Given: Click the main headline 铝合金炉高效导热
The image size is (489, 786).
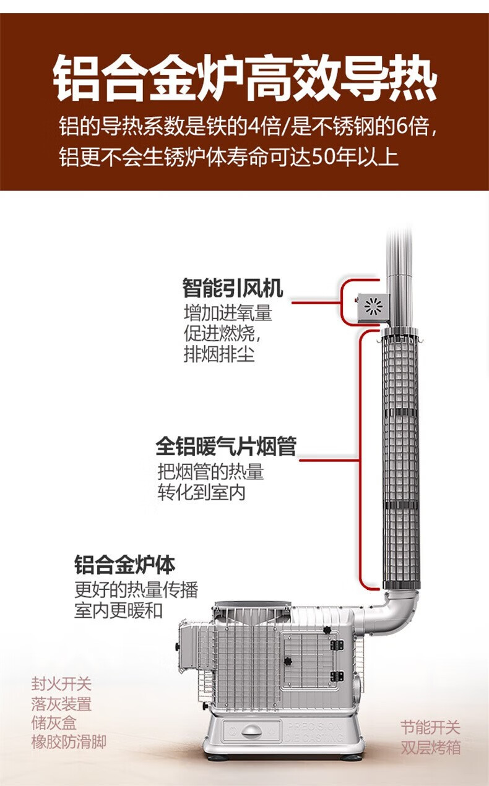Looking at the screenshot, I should click(244, 79).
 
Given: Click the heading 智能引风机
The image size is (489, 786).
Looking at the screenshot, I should click(232, 288).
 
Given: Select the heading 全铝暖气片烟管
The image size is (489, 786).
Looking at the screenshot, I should click(226, 446).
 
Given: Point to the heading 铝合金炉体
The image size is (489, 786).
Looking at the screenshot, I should click(124, 565).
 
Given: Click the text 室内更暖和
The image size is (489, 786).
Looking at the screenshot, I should click(118, 610).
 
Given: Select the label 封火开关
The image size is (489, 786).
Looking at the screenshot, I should click(61, 685).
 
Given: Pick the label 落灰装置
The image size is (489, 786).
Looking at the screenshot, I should click(61, 704).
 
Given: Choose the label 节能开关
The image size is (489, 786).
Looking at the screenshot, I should click(430, 727).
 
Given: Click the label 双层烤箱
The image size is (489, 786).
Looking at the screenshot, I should click(430, 747).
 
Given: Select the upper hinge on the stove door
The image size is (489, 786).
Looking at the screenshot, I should click(337, 645).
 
